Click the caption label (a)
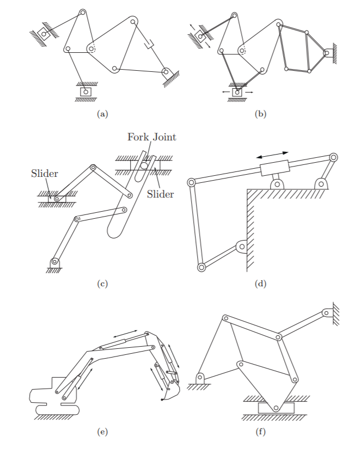(x=102, y=114)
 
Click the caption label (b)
(x=260, y=114)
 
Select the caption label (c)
(x=102, y=283)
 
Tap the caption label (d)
(x=260, y=283)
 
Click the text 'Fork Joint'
(x=152, y=137)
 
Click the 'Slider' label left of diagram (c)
(x=44, y=174)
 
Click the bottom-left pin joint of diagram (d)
(x=201, y=267)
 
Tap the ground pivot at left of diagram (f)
(x=200, y=377)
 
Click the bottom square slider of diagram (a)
(x=86, y=91)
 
